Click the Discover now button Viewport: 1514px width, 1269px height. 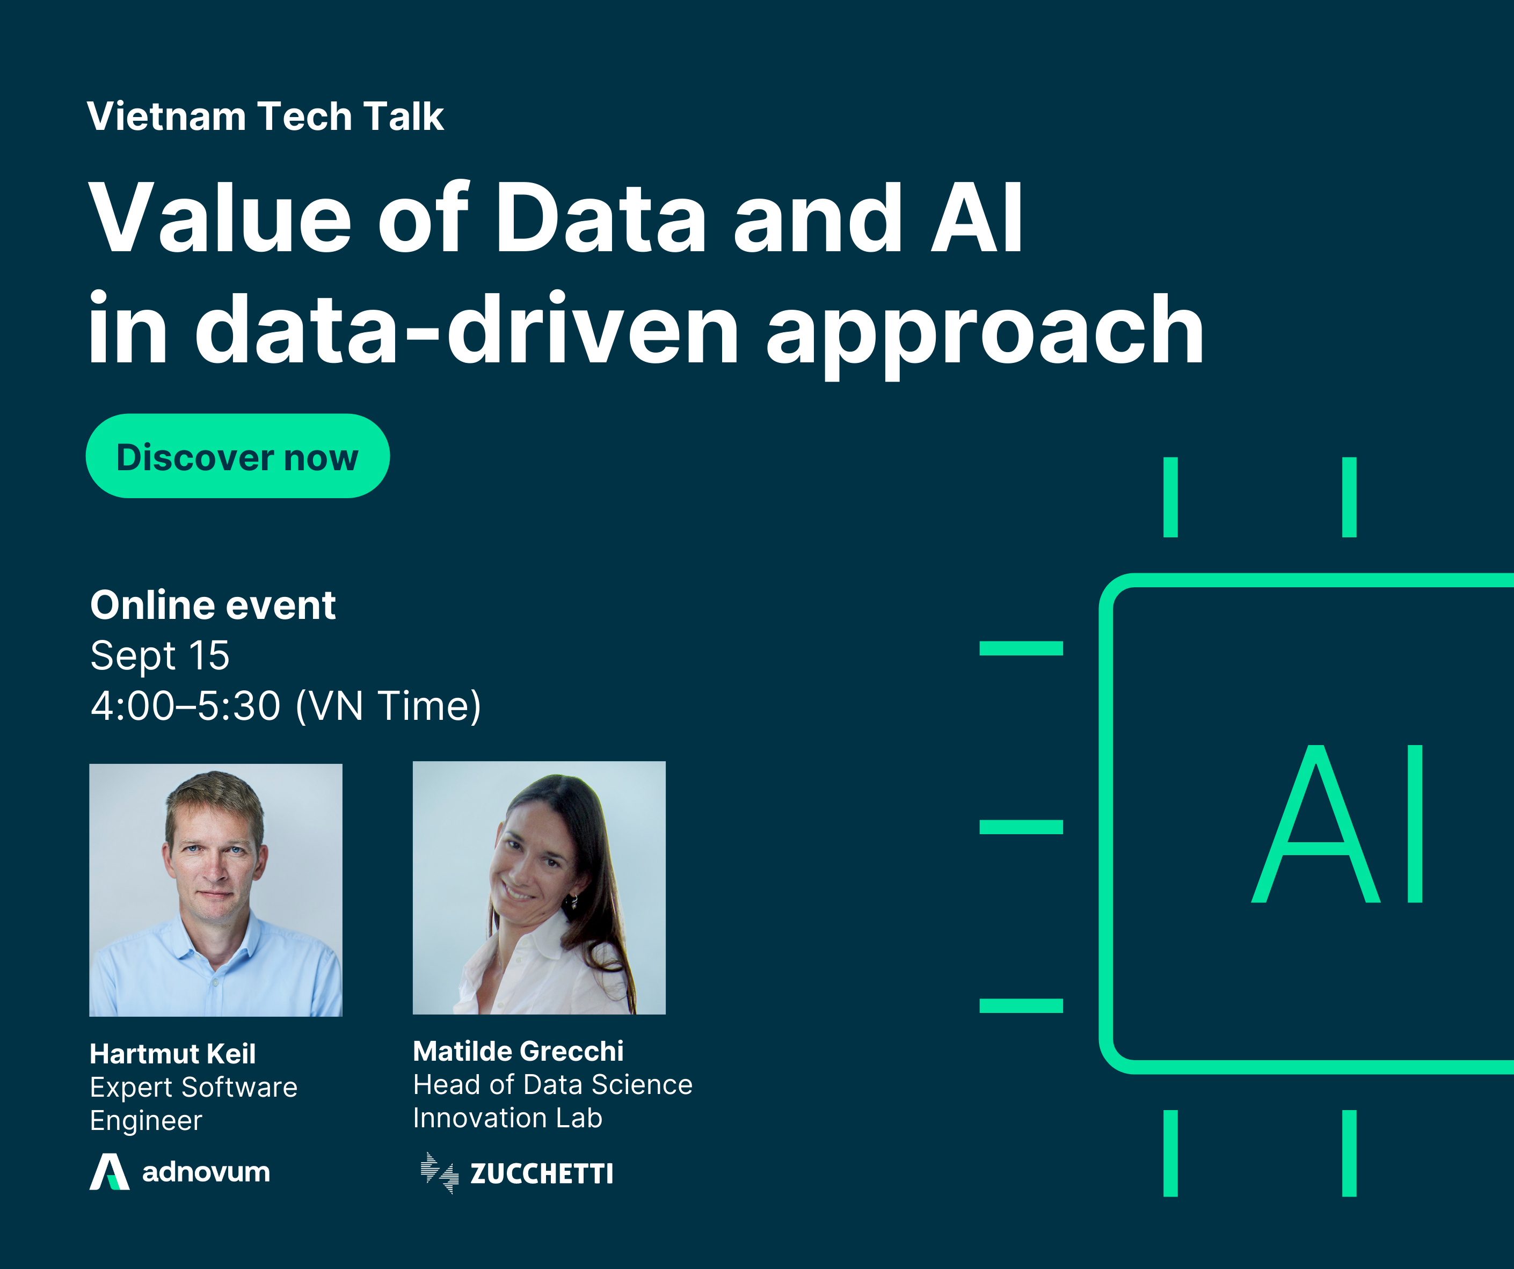coord(237,456)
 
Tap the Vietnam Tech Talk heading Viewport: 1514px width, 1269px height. coord(265,116)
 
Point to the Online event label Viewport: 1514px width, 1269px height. coord(213,604)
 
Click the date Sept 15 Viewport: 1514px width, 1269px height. coord(160,655)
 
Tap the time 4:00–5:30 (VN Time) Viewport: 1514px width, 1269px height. coord(286,706)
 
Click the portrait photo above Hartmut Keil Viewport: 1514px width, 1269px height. coord(216,889)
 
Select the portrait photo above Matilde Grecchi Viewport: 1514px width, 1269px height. coord(539,887)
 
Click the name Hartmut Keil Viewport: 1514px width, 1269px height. coord(172,1053)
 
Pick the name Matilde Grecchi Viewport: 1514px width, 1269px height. coord(519,1051)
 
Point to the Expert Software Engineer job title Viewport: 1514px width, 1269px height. coord(193,1103)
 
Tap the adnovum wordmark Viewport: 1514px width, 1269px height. coord(206,1172)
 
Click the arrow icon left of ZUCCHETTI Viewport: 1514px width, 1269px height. coord(440,1173)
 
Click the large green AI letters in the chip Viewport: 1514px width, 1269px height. coord(1338,823)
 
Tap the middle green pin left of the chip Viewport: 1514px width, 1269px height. coord(1021,827)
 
